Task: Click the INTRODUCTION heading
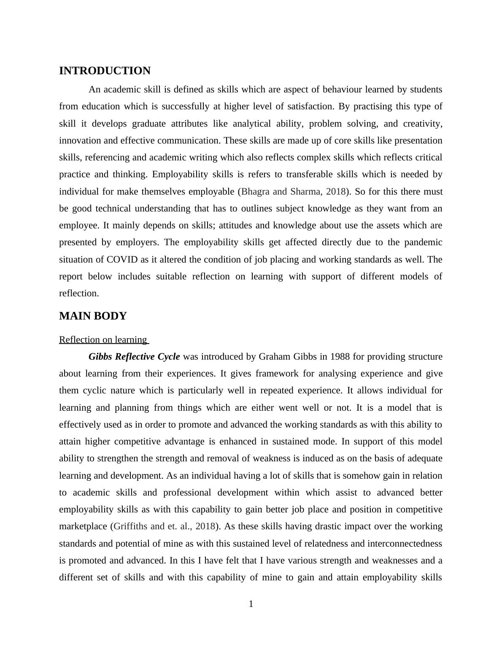point(105,71)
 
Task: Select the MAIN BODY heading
point(93,316)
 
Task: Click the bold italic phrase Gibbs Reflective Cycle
point(134,357)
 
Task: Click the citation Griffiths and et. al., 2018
point(165,526)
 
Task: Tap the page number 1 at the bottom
point(251,604)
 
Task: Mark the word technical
point(113,209)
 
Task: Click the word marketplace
point(83,526)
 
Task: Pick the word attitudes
point(235,225)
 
